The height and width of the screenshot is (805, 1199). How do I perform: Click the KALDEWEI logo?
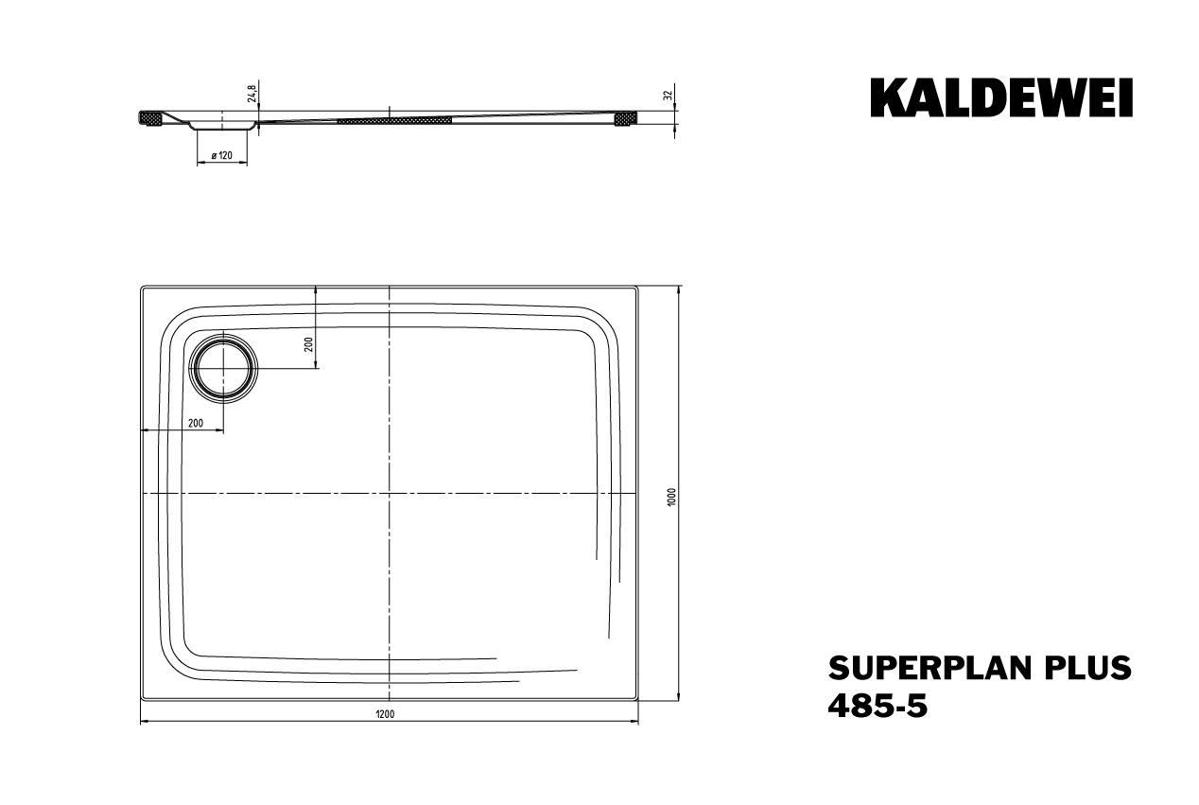tap(1001, 97)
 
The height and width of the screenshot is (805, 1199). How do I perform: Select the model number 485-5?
tap(878, 707)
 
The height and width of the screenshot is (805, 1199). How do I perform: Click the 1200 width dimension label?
tap(385, 714)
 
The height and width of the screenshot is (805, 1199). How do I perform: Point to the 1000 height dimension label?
tap(673, 497)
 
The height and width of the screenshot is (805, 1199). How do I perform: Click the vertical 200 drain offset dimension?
tap(308, 344)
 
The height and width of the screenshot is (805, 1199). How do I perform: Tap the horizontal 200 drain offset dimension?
tap(196, 423)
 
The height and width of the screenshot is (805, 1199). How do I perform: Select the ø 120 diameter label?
tap(221, 155)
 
